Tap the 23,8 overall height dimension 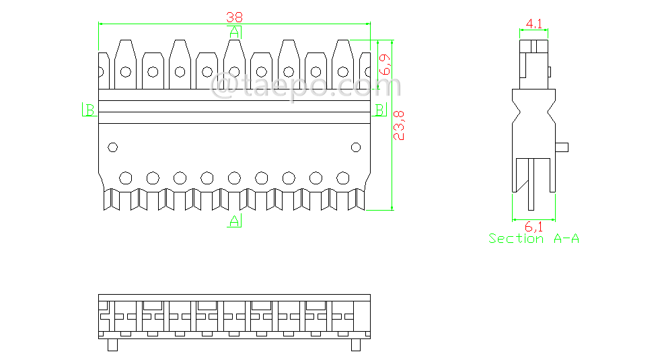(399, 125)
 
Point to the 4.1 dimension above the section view (535, 24)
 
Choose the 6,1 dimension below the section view (533, 227)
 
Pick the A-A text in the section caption (566, 239)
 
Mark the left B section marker (89, 110)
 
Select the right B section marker (379, 109)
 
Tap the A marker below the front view (234, 221)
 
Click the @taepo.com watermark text (306, 87)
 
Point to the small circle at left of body (112, 147)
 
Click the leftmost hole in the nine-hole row (125, 178)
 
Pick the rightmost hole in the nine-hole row (343, 178)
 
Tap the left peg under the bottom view (112, 345)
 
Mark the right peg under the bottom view (356, 345)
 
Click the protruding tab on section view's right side (564, 147)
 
